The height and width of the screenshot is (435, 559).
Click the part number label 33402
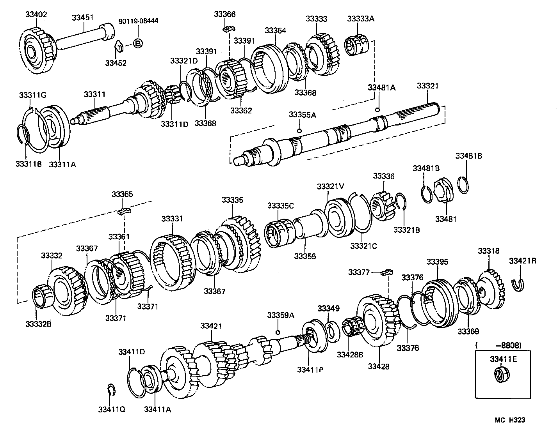coord(36,15)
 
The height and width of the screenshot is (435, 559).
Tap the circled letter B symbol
coord(138,43)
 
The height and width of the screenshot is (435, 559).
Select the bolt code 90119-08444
coord(139,21)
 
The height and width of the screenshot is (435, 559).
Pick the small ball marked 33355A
coord(299,131)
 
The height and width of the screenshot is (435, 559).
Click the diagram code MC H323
coord(510,420)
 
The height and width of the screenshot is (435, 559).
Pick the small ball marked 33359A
coord(278,332)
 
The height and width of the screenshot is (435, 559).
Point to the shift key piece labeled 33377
coord(387,272)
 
